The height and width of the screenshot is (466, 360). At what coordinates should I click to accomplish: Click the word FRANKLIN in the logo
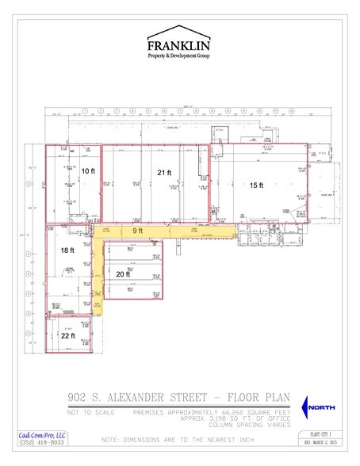point(179,47)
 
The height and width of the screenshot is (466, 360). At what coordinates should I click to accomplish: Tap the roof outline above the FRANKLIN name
point(179,35)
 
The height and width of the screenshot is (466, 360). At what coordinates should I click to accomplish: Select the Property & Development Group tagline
point(179,57)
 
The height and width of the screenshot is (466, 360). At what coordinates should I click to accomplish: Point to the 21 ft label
point(164,172)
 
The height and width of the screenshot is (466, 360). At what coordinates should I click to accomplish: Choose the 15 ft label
point(256,185)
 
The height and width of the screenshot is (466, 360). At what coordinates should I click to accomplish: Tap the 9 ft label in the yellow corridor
point(137,231)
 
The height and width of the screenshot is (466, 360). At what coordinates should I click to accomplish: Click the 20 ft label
point(123,273)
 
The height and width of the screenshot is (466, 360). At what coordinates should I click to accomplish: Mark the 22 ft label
point(67,336)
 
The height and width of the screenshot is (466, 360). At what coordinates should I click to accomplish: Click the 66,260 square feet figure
point(228,412)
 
